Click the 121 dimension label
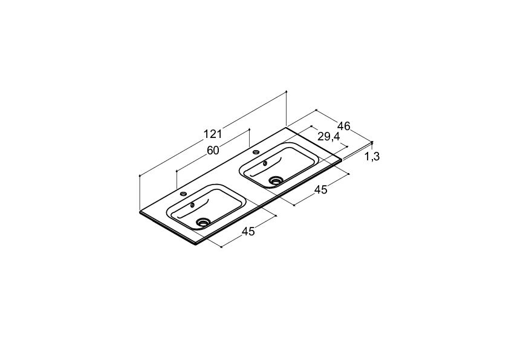click(x=213, y=134)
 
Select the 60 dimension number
click(x=213, y=151)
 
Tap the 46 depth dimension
click(x=344, y=126)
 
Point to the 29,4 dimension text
click(x=328, y=137)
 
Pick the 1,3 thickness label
click(x=372, y=157)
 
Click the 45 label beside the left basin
click(x=248, y=231)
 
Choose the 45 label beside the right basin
click(x=321, y=190)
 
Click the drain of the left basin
click(x=204, y=222)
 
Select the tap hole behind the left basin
click(x=183, y=194)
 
